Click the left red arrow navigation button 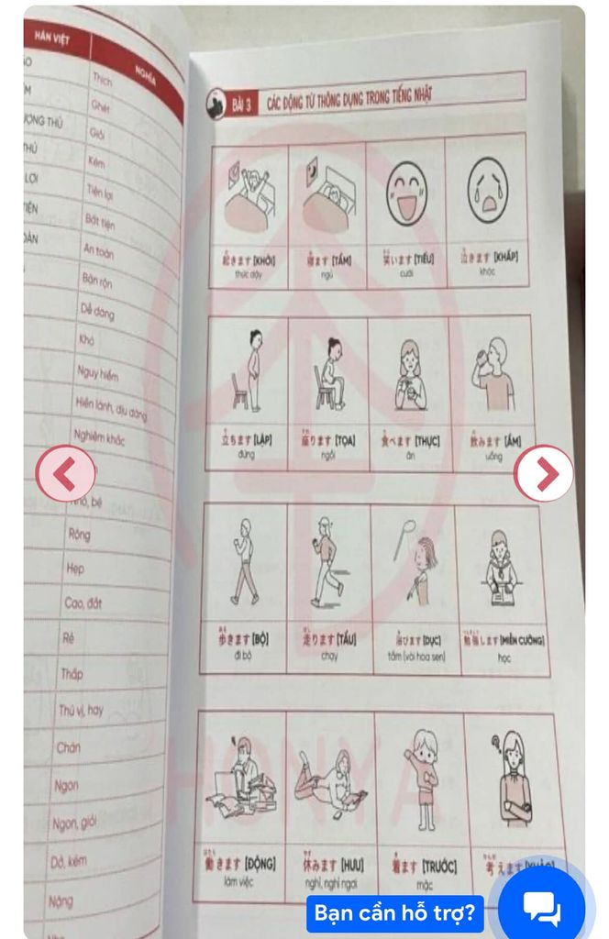pyautogui.click(x=65, y=473)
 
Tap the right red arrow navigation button pyautogui.click(x=544, y=473)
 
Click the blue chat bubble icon pyautogui.click(x=541, y=908)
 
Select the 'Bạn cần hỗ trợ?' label pyautogui.click(x=394, y=913)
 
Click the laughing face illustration pyautogui.click(x=405, y=193)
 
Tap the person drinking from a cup pyautogui.click(x=493, y=376)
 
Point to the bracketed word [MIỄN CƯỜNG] pyautogui.click(x=522, y=639)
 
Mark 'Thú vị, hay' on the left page pyautogui.click(x=81, y=710)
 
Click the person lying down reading pyautogui.click(x=329, y=779)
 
